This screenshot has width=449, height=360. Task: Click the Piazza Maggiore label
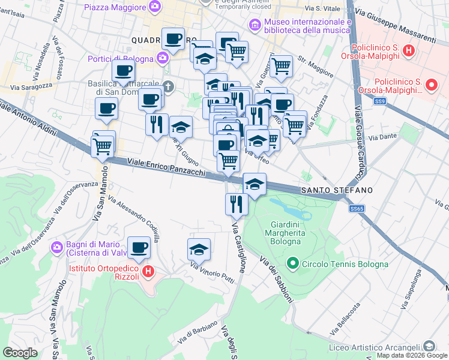point(115,7)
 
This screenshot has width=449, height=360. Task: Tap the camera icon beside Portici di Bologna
point(162,58)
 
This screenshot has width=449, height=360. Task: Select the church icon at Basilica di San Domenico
point(169,86)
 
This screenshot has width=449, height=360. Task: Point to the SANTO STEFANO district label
point(337,190)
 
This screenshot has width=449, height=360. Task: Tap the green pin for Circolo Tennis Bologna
point(293,262)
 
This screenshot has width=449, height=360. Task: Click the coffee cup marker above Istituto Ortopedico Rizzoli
point(139,247)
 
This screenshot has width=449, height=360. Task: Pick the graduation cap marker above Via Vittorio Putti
point(199,248)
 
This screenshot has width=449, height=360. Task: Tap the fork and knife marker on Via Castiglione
point(237,203)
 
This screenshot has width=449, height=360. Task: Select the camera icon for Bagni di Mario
point(58,247)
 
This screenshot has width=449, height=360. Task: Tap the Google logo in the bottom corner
point(20,353)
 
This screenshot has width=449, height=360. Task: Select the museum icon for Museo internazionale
point(253,25)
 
